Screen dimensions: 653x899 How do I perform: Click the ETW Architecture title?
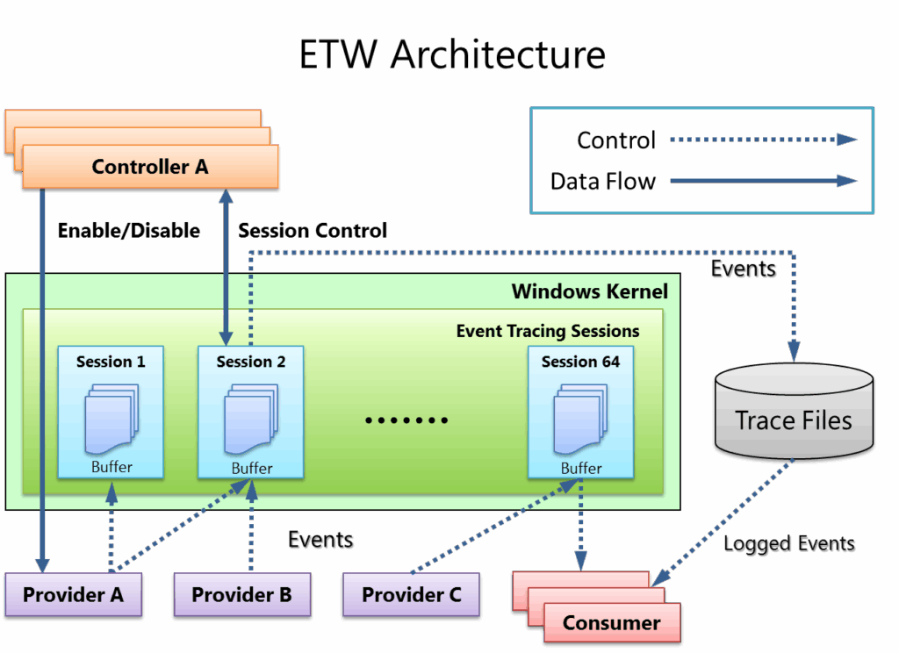451,54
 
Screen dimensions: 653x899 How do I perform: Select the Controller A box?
150,166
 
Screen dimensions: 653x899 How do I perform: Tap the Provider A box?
73,595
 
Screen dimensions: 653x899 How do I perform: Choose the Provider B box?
241,595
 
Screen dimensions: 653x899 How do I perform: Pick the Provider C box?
411,595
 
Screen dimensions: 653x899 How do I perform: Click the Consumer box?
611,622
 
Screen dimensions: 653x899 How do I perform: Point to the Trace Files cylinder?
794,413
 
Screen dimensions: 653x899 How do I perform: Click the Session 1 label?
111,362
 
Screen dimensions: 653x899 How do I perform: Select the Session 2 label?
251,362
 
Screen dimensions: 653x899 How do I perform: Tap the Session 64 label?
580,362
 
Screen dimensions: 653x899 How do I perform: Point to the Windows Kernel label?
589,291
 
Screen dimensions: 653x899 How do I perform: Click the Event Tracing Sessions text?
547,331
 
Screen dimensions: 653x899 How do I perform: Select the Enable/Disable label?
128,231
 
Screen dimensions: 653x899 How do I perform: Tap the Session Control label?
313,231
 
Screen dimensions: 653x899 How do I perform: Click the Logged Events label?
788,545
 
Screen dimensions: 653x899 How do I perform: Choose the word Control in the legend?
615,140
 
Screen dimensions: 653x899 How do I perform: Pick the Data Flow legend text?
602,182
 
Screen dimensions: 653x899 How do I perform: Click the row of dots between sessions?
406,420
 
